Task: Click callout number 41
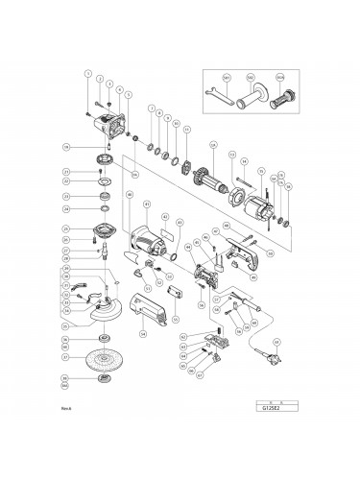[147, 204]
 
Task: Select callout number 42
[166, 218]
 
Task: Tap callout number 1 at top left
[87, 74]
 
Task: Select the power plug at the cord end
[282, 367]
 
